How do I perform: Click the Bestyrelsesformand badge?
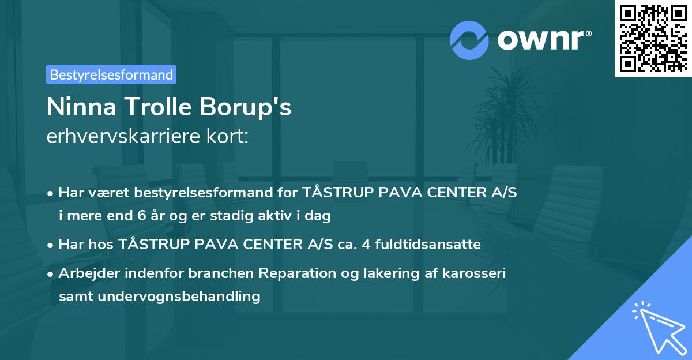click(111, 74)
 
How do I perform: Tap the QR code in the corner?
click(653, 38)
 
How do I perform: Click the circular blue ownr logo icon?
click(469, 40)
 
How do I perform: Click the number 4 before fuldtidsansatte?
click(365, 245)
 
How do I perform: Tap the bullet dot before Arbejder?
click(51, 274)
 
